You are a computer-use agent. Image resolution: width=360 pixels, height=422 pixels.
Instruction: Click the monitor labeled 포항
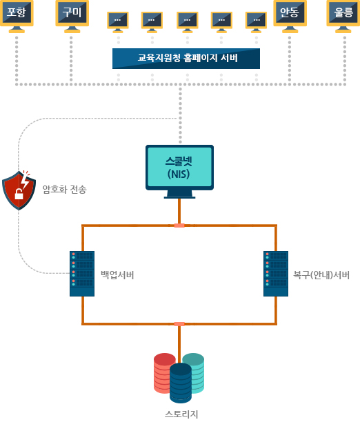click(17, 16)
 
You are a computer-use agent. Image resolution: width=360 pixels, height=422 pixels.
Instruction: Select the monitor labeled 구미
click(72, 16)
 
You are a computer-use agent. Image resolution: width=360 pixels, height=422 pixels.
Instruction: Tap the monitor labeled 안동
click(290, 16)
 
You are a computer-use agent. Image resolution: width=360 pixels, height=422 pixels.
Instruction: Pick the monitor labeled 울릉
click(343, 16)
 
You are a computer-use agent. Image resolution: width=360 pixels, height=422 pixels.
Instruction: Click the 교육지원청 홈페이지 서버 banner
click(186, 59)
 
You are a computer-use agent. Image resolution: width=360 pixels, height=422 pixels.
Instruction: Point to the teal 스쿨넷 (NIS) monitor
click(179, 172)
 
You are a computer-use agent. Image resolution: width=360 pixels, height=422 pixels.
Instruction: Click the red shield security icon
click(19, 190)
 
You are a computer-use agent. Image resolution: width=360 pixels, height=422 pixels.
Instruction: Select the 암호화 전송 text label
click(65, 190)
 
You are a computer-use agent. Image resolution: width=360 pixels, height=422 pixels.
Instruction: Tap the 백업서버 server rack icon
click(82, 274)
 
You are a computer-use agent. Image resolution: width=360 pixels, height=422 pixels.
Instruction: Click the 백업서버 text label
click(117, 275)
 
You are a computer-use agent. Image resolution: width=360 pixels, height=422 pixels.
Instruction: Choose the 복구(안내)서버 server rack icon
click(276, 274)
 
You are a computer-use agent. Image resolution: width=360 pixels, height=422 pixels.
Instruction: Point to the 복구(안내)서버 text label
click(321, 275)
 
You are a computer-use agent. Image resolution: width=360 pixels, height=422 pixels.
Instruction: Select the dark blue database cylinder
click(181, 383)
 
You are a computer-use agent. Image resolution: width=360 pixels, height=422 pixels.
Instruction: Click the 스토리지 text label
click(181, 414)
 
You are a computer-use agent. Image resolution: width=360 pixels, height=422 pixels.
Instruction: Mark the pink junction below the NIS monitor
click(179, 225)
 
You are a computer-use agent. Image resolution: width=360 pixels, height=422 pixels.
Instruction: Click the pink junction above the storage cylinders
click(179, 324)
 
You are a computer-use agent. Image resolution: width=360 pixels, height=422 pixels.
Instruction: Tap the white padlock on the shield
click(19, 194)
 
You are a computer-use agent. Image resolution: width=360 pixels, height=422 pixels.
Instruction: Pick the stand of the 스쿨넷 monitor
click(179, 194)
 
